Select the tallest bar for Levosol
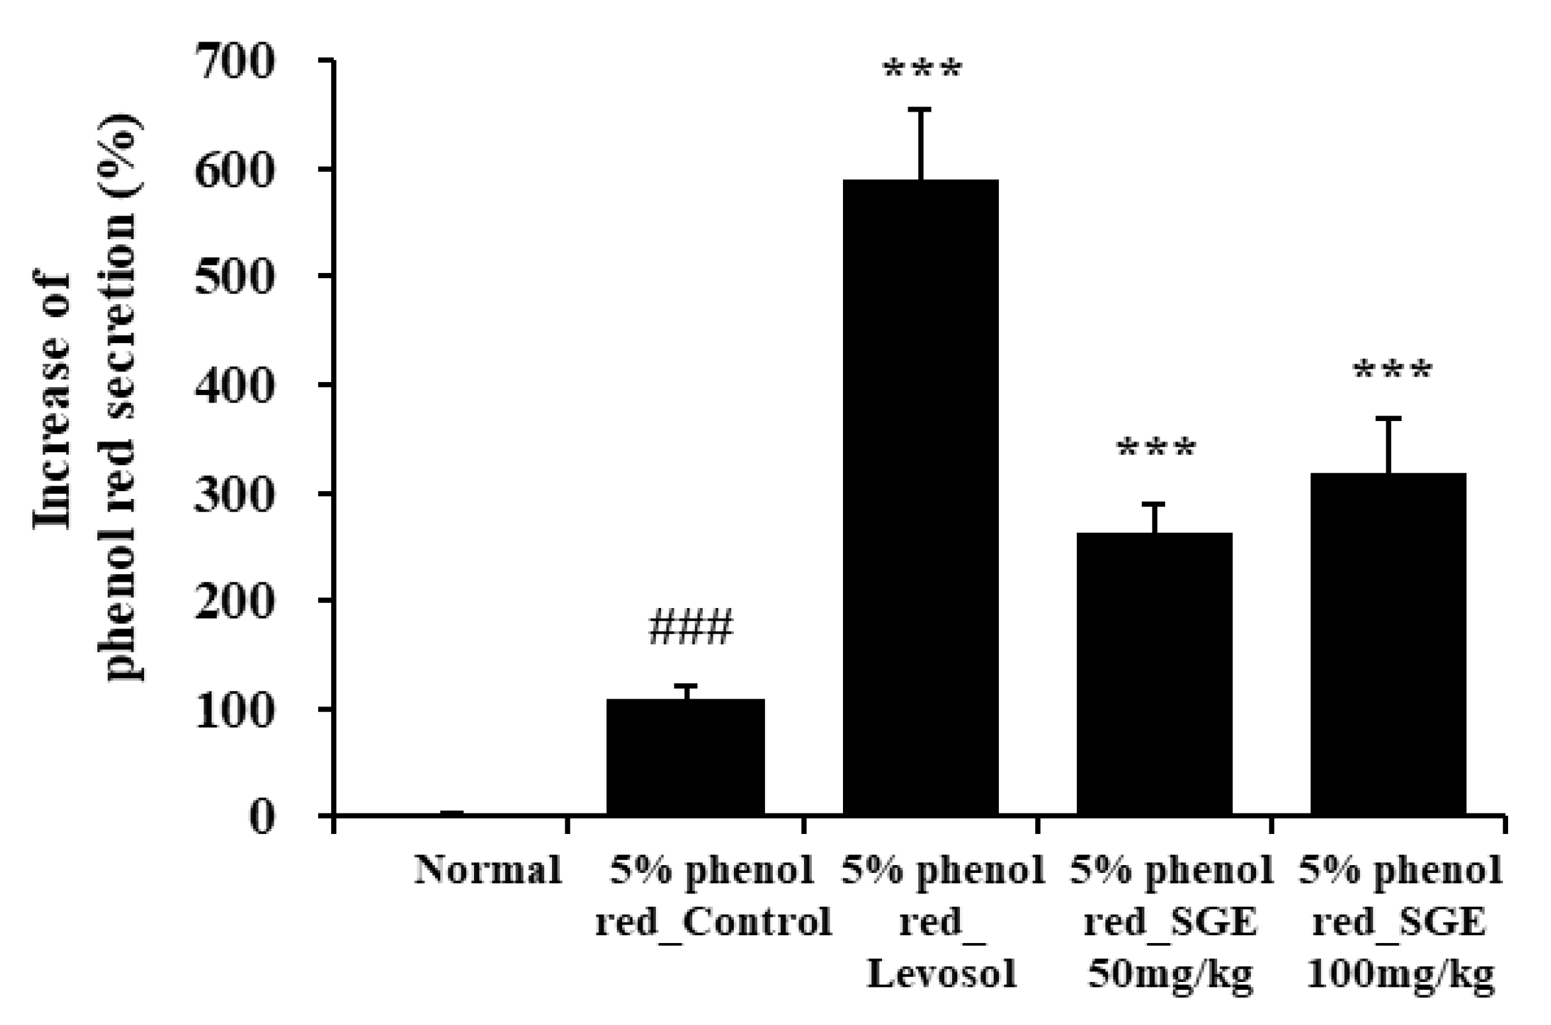pyautogui.click(x=920, y=496)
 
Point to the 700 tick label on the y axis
pyautogui.click(x=235, y=63)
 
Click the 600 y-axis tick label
pyautogui.click(x=235, y=171)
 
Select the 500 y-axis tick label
pyautogui.click(x=235, y=278)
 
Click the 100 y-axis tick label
pyautogui.click(x=235, y=710)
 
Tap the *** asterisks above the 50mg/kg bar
pyautogui.click(x=1156, y=450)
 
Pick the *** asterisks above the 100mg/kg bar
pyautogui.click(x=1392, y=371)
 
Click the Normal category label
pyautogui.click(x=488, y=870)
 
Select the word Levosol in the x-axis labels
pyautogui.click(x=942, y=973)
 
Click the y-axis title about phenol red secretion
pyautogui.click(x=86, y=397)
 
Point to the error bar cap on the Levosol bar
pyautogui.click(x=920, y=109)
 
